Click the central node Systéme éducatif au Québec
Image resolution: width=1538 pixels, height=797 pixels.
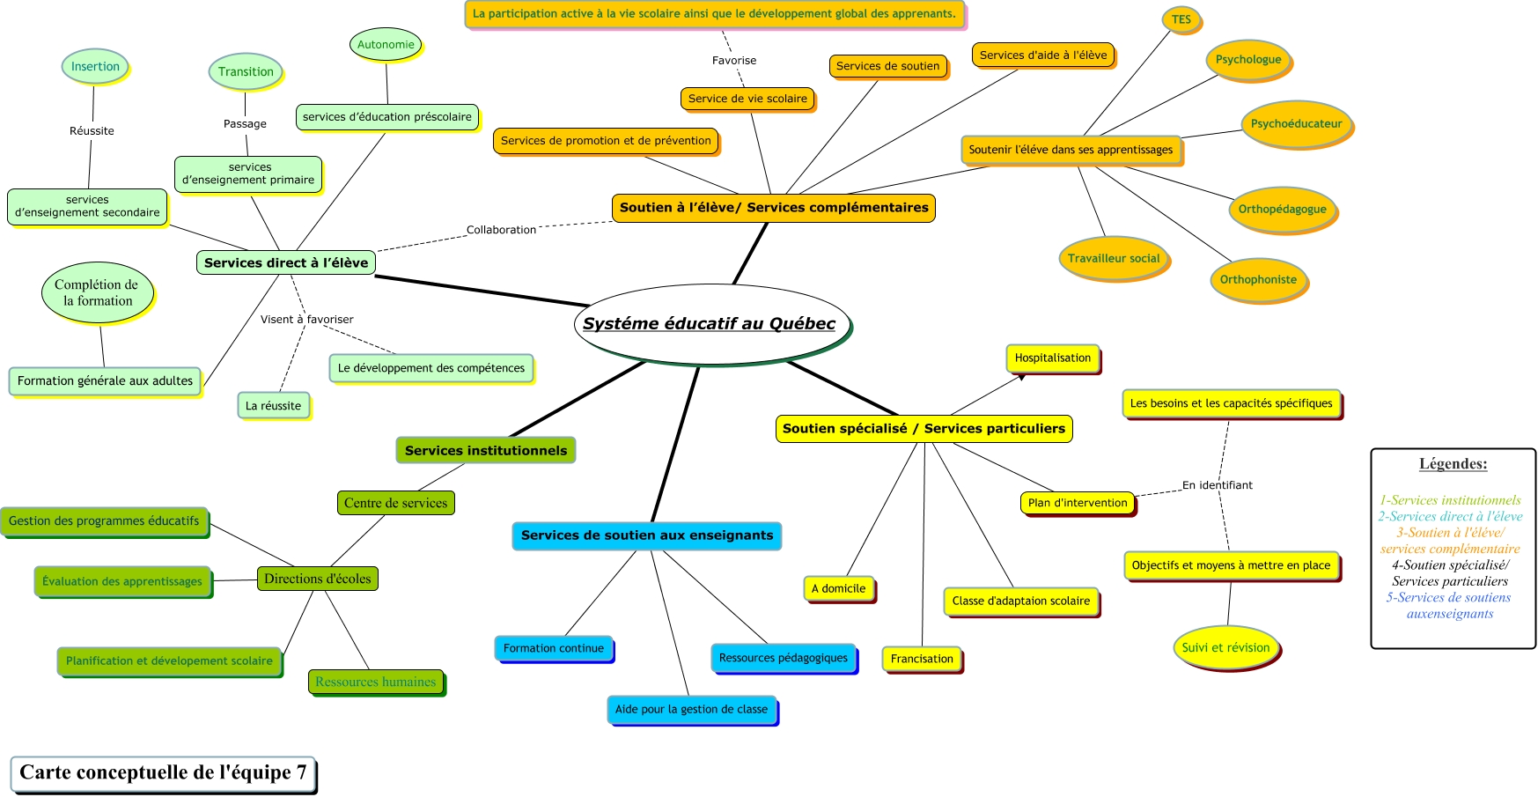pyautogui.click(x=710, y=323)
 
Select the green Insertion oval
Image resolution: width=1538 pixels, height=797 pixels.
pyautogui.click(x=95, y=66)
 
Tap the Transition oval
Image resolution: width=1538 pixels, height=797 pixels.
pyautogui.click(x=246, y=71)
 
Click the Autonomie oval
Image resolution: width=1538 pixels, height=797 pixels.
pyautogui.click(x=386, y=44)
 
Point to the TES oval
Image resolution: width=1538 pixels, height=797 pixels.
pyautogui.click(x=1181, y=19)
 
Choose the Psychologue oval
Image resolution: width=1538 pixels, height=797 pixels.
pyautogui.click(x=1247, y=60)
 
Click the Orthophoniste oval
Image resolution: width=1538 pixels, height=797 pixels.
pyautogui.click(x=1257, y=279)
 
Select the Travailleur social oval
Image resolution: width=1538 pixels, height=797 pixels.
pyautogui.click(x=1114, y=258)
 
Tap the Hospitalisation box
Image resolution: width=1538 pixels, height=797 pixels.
pyautogui.click(x=1052, y=358)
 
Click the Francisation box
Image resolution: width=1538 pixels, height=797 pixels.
pyautogui.click(x=922, y=659)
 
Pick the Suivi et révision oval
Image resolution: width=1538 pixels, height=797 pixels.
pyautogui.click(x=1225, y=647)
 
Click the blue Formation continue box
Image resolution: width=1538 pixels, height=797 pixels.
pyautogui.click(x=553, y=648)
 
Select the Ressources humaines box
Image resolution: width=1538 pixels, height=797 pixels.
pyautogui.click(x=376, y=682)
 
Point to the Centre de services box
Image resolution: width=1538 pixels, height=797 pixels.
pyautogui.click(x=395, y=503)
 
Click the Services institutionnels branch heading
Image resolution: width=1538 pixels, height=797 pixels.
pyautogui.click(x=486, y=450)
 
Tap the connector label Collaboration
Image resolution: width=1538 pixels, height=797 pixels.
pyautogui.click(x=501, y=230)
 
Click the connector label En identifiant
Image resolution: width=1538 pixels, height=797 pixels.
pyautogui.click(x=1217, y=485)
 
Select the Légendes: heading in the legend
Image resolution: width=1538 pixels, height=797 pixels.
pyautogui.click(x=1453, y=463)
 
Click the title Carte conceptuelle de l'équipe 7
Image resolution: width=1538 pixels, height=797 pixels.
pyautogui.click(x=163, y=772)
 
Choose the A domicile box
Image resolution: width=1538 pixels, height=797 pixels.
pyautogui.click(x=838, y=588)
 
